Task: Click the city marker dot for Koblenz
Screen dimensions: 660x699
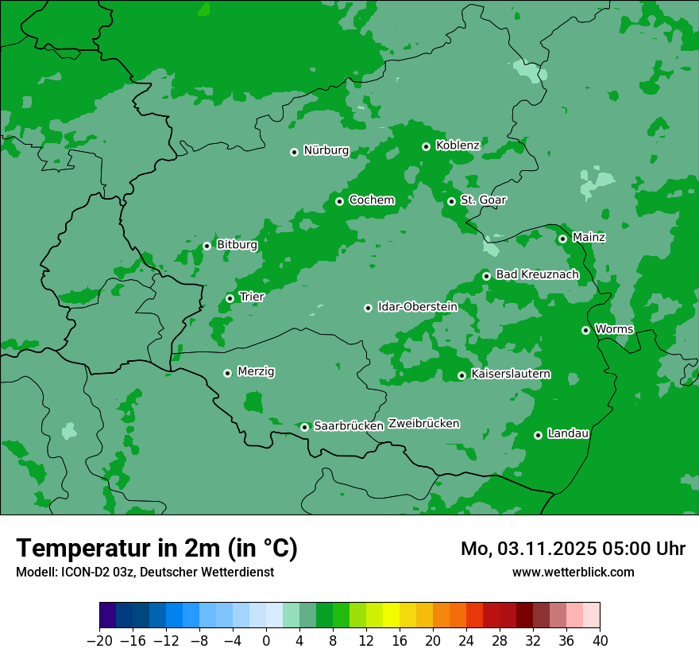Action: (427, 146)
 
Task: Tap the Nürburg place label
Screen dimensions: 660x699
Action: (326, 151)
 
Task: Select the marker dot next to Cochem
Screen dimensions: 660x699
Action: (339, 201)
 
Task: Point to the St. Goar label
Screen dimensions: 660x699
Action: (483, 200)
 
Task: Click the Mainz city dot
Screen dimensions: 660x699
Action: (562, 239)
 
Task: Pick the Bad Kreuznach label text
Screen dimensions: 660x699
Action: (537, 275)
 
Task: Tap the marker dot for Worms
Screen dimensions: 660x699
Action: (585, 330)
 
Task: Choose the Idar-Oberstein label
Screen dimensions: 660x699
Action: (417, 307)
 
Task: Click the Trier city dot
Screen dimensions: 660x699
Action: (230, 298)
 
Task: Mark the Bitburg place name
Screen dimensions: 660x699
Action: (237, 245)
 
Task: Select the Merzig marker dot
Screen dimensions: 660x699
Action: (227, 373)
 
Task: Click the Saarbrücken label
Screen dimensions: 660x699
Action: (349, 426)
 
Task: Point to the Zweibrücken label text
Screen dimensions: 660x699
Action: (423, 424)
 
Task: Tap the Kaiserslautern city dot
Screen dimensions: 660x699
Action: (461, 375)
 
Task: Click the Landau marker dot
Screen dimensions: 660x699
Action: (538, 435)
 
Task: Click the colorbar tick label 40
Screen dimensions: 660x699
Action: (600, 641)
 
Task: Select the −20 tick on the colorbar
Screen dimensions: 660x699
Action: (99, 641)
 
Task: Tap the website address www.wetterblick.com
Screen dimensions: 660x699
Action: (573, 572)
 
